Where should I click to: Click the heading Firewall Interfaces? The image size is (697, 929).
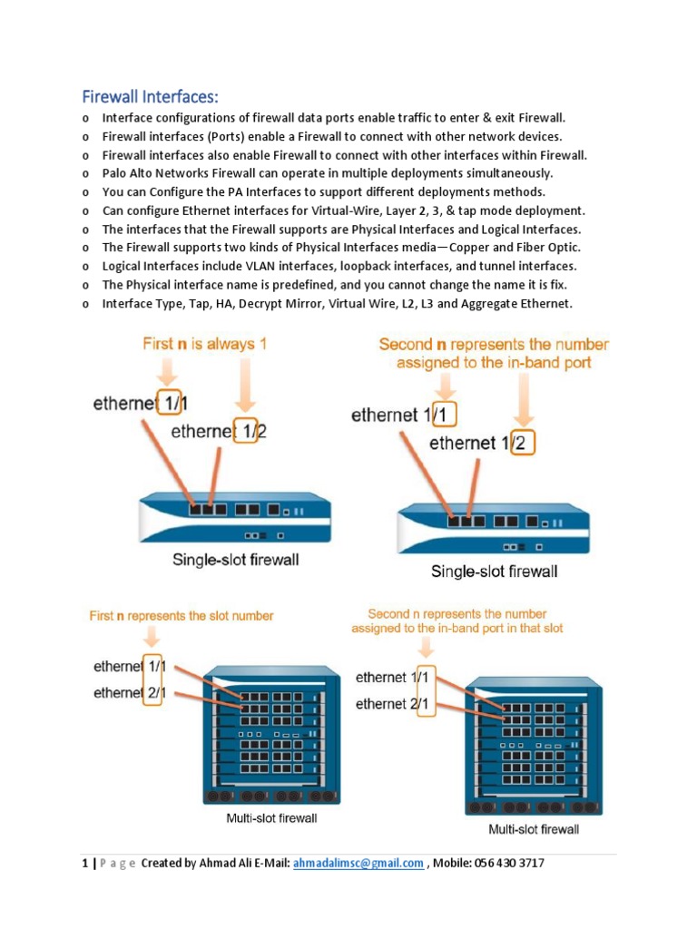click(x=151, y=96)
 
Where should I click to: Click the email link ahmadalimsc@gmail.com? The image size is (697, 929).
click(x=358, y=863)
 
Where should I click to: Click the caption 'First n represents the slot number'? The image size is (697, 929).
click(x=182, y=615)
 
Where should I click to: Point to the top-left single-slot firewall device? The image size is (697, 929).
click(x=235, y=518)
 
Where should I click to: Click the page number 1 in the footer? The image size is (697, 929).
click(x=83, y=863)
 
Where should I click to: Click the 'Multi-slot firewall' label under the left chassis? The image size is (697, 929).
click(x=271, y=818)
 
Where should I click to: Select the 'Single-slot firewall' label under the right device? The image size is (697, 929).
click(x=494, y=572)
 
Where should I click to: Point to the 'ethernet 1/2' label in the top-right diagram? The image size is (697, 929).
click(x=482, y=443)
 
